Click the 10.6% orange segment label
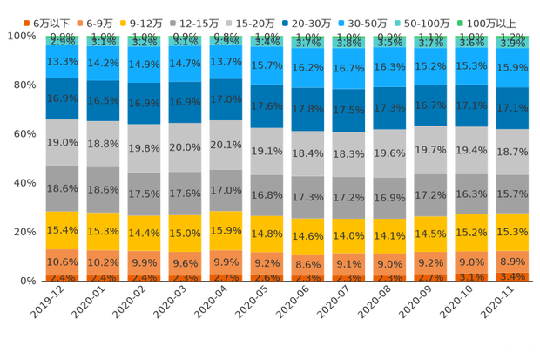coord(62,262)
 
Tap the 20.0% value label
coord(185,147)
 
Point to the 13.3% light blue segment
coord(62,61)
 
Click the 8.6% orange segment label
coord(307,263)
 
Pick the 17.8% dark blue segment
coord(307,109)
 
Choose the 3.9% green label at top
coord(512,43)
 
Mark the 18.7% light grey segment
coord(512,151)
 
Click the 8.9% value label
coord(512,262)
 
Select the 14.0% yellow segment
coord(348,235)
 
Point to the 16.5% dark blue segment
coord(103,101)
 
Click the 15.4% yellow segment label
coord(62,229)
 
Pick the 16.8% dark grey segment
coord(267,195)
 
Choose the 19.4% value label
coord(471,151)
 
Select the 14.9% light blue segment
coord(144,64)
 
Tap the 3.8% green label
coord(348,43)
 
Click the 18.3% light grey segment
coord(348,153)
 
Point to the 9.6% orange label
coord(185,262)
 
